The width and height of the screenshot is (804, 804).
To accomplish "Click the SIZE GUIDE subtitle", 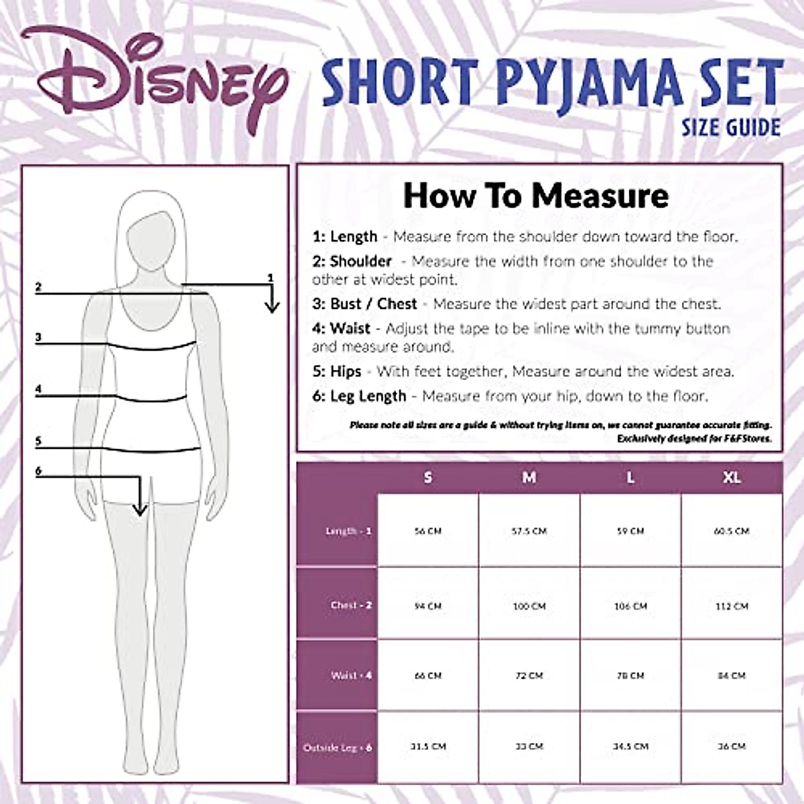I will click(x=730, y=127).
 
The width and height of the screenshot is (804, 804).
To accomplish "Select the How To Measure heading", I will click(x=536, y=196).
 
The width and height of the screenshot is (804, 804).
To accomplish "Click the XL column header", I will click(x=731, y=478).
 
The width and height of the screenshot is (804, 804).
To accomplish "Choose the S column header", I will click(x=428, y=478).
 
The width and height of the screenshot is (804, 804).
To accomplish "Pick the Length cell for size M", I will click(x=529, y=531).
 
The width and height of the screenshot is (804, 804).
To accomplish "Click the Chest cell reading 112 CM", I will click(x=731, y=606).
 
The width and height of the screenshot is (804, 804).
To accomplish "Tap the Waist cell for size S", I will click(x=428, y=675).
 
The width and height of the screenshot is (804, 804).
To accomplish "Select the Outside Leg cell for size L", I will click(x=630, y=746).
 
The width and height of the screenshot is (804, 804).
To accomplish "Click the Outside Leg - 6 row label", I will click(x=338, y=747).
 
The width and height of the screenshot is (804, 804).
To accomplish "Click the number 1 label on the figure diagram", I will click(x=271, y=277).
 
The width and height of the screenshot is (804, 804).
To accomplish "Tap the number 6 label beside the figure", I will click(x=38, y=471).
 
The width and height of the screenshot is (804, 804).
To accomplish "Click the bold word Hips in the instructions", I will click(x=345, y=371).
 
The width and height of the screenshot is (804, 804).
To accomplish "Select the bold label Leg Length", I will click(x=368, y=396).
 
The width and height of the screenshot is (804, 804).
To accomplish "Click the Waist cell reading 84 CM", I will click(x=731, y=675).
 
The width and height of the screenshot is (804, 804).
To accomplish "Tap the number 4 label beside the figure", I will click(x=38, y=389).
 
